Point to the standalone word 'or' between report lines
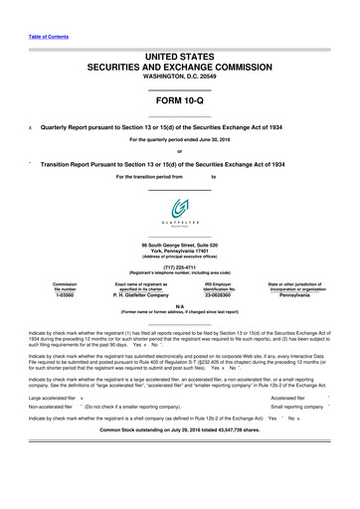[x=180, y=152]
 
